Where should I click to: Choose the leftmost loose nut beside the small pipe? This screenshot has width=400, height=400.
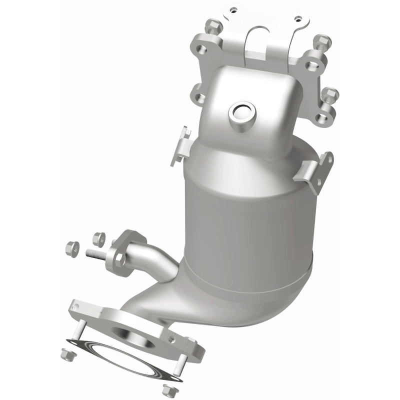[x=71, y=246]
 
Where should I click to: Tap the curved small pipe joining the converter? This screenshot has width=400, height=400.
[x=155, y=260]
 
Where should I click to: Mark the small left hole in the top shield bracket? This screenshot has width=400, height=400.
[x=232, y=8]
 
